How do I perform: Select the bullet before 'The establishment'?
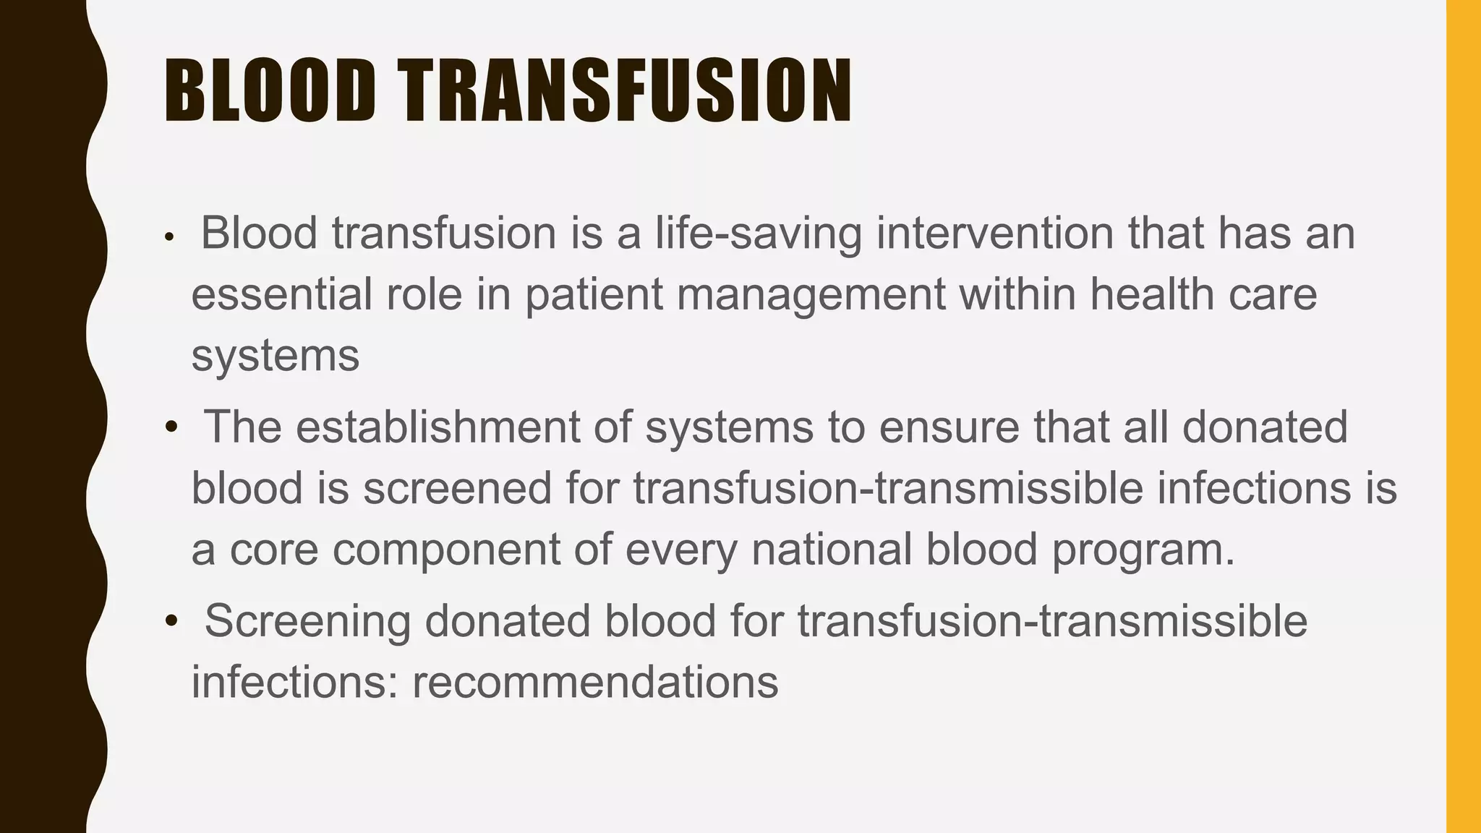pyautogui.click(x=171, y=427)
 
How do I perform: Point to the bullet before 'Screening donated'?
pyautogui.click(x=171, y=621)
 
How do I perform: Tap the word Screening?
pyautogui.click(x=307, y=621)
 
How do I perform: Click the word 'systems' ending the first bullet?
pyautogui.click(x=275, y=356)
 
